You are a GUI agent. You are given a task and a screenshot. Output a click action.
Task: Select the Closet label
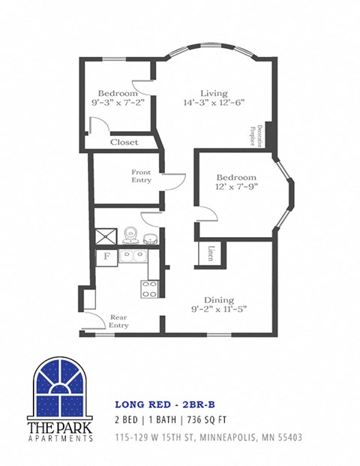coord(124,142)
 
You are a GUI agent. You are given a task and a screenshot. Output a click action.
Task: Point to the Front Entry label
coord(142,176)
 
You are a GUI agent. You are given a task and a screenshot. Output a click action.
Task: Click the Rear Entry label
coord(119,321)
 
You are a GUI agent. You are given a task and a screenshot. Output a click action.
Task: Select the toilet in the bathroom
coord(130,235)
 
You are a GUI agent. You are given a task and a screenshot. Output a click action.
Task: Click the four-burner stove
coord(150,288)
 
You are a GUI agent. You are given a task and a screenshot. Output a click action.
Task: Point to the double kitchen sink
coord(132,256)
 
